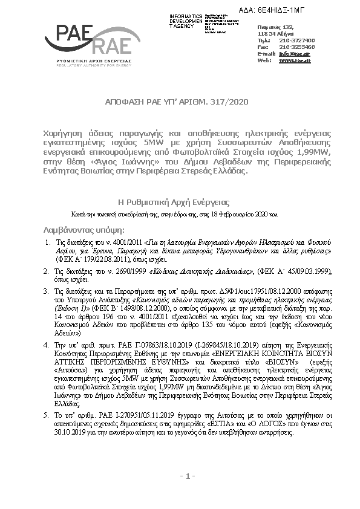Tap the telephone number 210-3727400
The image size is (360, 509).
298,40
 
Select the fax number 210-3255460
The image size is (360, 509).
298,47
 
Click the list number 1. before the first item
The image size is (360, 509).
48,241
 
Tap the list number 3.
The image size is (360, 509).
48,291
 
